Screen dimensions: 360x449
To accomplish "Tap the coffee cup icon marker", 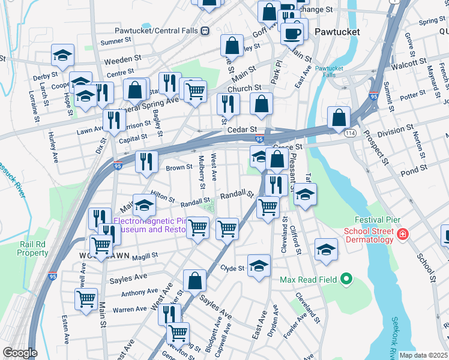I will pos(293,34).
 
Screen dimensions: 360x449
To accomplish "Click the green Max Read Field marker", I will pos(345,279).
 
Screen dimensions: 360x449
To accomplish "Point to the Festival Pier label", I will pos(376,220).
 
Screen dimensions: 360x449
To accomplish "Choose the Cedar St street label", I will pos(241,130).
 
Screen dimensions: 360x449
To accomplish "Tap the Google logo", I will pos(20,353).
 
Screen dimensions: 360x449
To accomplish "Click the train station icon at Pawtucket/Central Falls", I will pos(205,30).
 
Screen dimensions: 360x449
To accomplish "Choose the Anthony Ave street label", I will pos(139,292).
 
